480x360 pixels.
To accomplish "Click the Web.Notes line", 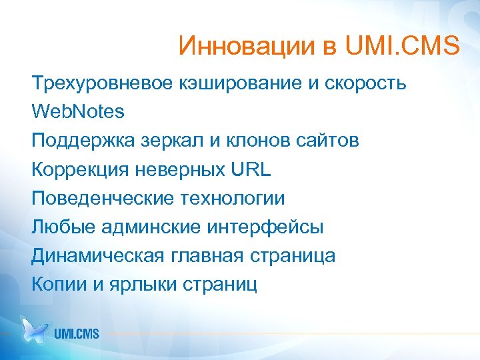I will [x=78, y=112].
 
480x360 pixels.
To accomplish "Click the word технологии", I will [x=233, y=198].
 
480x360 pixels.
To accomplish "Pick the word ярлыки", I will [x=136, y=285].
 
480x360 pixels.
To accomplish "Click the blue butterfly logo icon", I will [x=35, y=329].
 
